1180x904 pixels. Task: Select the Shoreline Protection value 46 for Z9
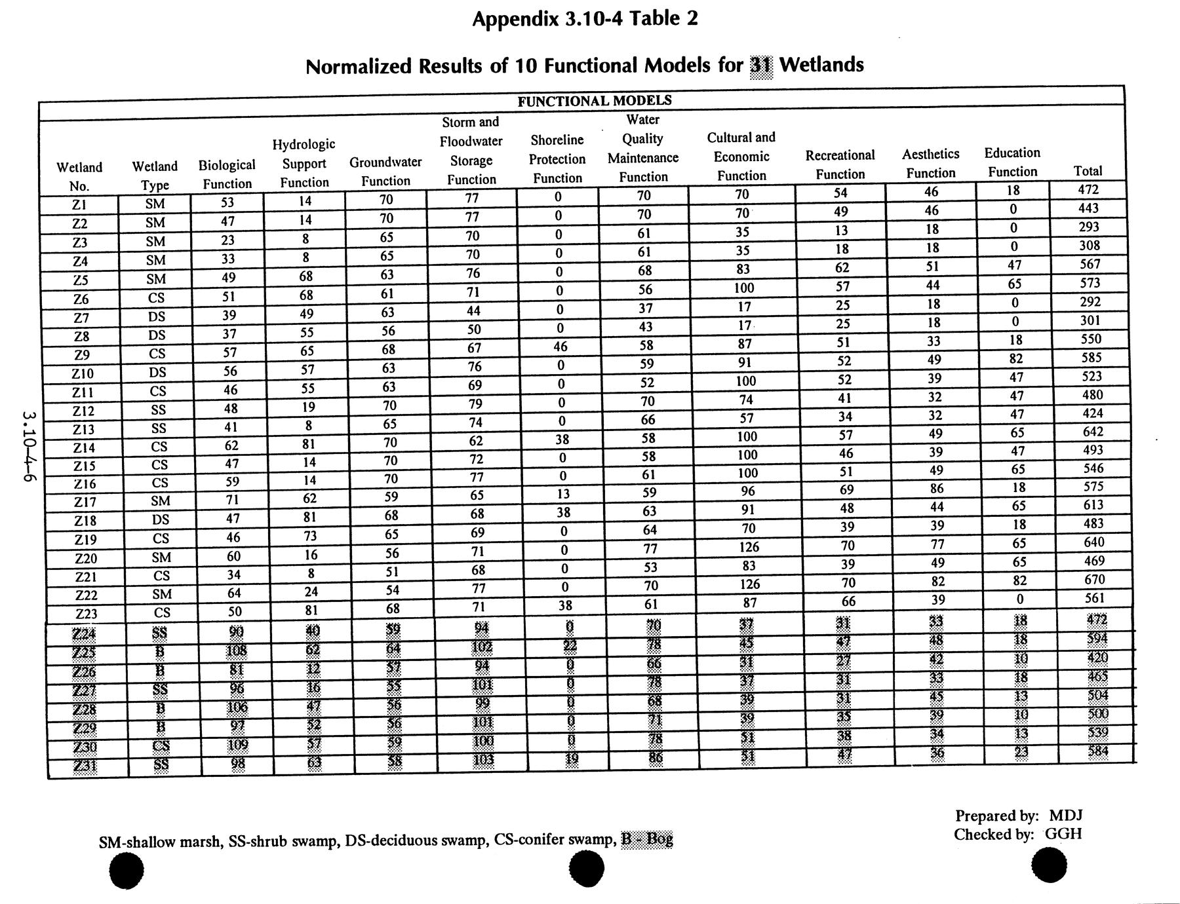[x=560, y=347]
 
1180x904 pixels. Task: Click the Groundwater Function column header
[x=385, y=171]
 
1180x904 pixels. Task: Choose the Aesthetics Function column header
[x=930, y=163]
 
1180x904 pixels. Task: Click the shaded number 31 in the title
[x=761, y=66]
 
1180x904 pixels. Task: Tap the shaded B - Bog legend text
[x=647, y=839]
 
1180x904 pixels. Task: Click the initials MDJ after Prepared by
[x=1065, y=816]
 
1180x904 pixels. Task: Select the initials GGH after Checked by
[x=1063, y=834]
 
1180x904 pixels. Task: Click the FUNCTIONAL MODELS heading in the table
[x=595, y=101]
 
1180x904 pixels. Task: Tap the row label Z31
[x=85, y=766]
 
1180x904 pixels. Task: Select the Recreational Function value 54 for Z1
[x=840, y=193]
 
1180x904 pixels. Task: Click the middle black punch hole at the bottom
[x=586, y=868]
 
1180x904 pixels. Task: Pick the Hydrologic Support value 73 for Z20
[x=310, y=535]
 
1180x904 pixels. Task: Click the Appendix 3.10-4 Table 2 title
[x=585, y=18]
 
